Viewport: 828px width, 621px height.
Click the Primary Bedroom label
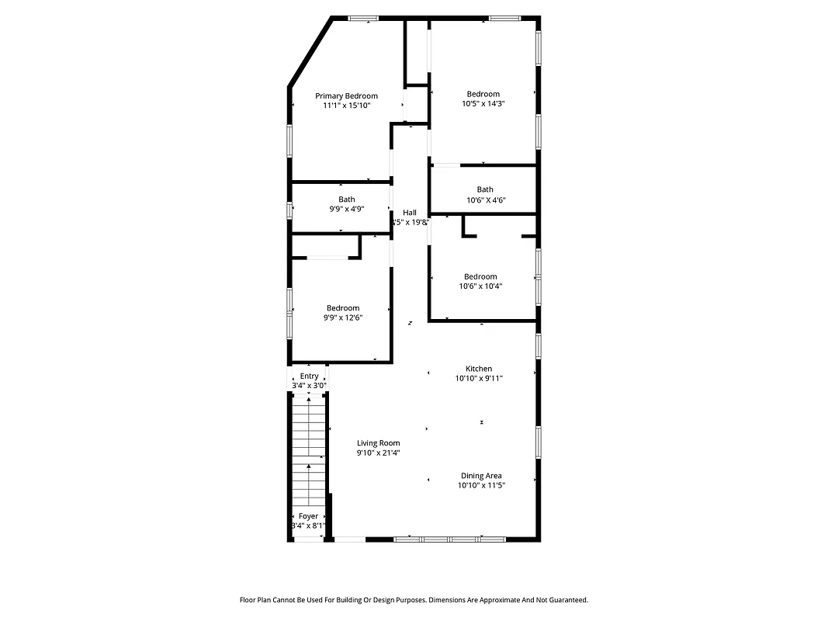[x=346, y=95]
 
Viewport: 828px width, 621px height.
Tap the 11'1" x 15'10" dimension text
[x=346, y=106]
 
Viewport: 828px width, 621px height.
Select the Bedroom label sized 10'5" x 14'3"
[x=483, y=94]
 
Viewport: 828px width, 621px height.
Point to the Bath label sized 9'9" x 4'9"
[x=346, y=199]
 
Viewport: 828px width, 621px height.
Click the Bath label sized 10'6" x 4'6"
[x=485, y=189]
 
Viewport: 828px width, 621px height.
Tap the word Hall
[x=409, y=213]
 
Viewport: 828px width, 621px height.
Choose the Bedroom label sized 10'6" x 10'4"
[x=480, y=277]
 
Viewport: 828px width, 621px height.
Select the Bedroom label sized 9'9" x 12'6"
[x=342, y=308]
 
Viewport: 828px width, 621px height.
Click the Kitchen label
[x=479, y=369]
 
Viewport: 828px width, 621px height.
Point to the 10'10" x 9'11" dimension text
[x=479, y=379]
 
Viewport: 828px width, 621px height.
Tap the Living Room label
[x=379, y=443]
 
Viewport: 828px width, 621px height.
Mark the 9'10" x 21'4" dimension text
[x=379, y=453]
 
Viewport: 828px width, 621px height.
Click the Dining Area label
[x=481, y=476]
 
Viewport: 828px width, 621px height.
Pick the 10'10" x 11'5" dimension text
[x=481, y=486]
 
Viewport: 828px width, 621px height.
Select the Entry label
[x=309, y=376]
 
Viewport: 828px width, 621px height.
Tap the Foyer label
[x=308, y=516]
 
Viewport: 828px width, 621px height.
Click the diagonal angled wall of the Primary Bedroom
[x=310, y=50]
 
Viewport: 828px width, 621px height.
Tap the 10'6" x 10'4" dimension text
[x=480, y=286]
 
